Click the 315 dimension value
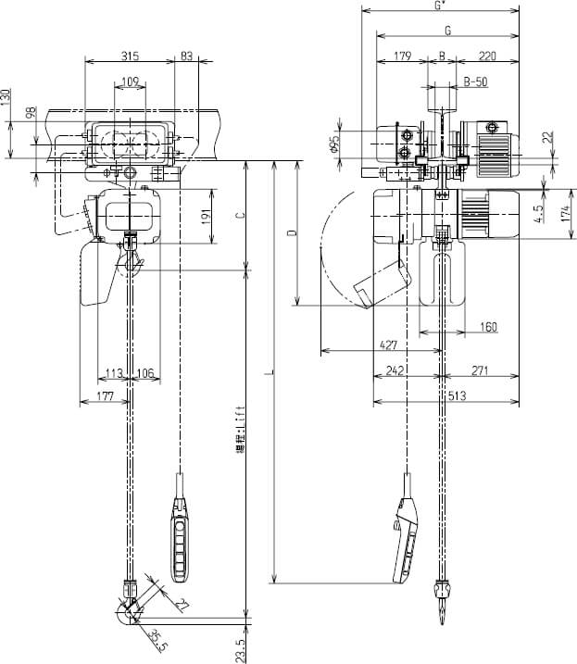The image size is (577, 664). tap(131, 56)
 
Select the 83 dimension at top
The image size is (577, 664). tap(186, 56)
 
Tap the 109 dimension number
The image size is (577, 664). tap(131, 82)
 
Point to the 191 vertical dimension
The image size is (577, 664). tap(207, 217)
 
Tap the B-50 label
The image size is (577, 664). tap(475, 81)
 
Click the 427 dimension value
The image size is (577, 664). tap(389, 345)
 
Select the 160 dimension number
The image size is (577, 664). tap(488, 326)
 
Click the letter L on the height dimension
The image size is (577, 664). tap(267, 373)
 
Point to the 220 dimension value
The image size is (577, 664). tap(487, 56)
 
